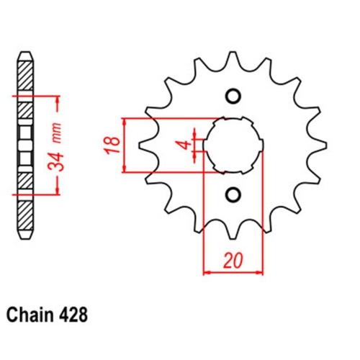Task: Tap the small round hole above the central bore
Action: tap(233, 96)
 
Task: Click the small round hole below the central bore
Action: tap(233, 193)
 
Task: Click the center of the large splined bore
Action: tap(233, 144)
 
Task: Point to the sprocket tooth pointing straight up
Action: tap(233, 59)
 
